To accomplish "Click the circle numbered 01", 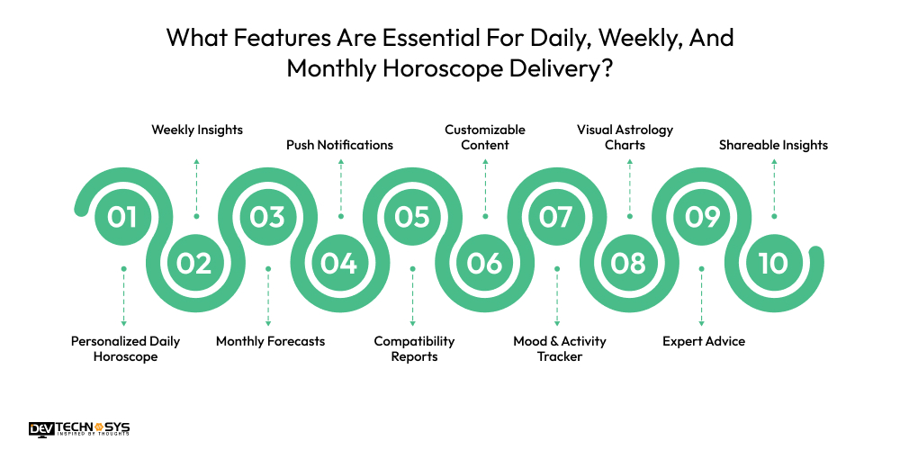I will [123, 216].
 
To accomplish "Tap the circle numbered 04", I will [339, 263].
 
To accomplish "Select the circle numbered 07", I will [556, 216].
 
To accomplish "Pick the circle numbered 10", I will [773, 263].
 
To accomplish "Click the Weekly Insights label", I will [196, 130].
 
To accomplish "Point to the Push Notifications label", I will [339, 145].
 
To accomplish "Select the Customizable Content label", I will [485, 137].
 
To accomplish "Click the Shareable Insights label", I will [773, 145].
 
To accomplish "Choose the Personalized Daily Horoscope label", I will [125, 349].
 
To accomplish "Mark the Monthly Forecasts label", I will [270, 341].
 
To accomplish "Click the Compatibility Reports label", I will [414, 349].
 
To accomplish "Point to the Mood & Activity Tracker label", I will [559, 349].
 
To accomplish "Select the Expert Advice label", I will [703, 341].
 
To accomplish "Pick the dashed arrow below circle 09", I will [701, 296].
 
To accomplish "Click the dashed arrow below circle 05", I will [412, 296].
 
